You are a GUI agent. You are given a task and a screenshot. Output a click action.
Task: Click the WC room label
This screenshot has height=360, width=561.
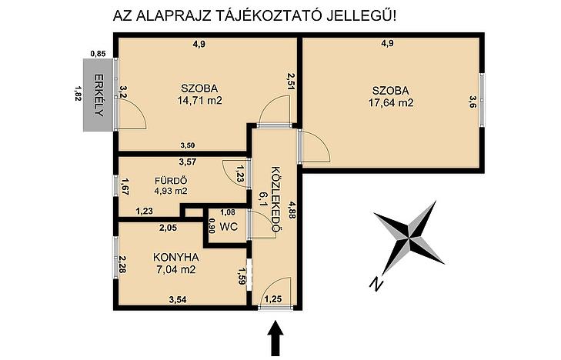coord(229,227)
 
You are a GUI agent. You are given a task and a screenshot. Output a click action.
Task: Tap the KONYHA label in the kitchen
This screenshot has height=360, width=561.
coord(175,257)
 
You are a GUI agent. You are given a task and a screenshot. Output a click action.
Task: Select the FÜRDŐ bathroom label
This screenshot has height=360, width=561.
coord(171,181)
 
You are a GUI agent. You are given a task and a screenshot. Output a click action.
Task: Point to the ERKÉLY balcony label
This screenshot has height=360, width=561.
coord(99,95)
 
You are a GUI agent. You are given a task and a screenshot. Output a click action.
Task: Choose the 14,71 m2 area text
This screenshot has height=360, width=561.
coord(199,101)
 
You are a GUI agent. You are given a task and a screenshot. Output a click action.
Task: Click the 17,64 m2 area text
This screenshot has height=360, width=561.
coord(391,103)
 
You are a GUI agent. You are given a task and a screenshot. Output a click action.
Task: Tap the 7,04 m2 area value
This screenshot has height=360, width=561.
coord(176,269)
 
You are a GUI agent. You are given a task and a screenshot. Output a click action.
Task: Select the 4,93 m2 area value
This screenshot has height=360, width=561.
coord(171,191)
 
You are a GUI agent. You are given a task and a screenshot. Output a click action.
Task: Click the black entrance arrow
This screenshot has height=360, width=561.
coord(275,338)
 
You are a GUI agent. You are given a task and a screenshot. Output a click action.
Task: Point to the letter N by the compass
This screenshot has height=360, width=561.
coord(376,284)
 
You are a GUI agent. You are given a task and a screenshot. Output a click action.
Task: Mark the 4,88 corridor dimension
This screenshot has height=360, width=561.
coord(292,208)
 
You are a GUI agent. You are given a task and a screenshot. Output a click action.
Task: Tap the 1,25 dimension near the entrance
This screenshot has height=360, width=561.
coord(272,299)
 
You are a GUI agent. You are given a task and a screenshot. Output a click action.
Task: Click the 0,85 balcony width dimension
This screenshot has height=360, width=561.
coord(98,54)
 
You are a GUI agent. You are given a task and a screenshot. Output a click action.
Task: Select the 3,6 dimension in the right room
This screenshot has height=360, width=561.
coord(473,102)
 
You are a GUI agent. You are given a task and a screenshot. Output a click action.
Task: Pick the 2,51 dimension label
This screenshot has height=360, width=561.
coord(291,82)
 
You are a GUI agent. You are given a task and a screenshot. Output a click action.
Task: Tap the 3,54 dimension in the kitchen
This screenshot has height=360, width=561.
coord(178,299)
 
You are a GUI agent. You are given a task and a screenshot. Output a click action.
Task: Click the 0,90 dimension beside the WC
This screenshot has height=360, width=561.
coord(212,226)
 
